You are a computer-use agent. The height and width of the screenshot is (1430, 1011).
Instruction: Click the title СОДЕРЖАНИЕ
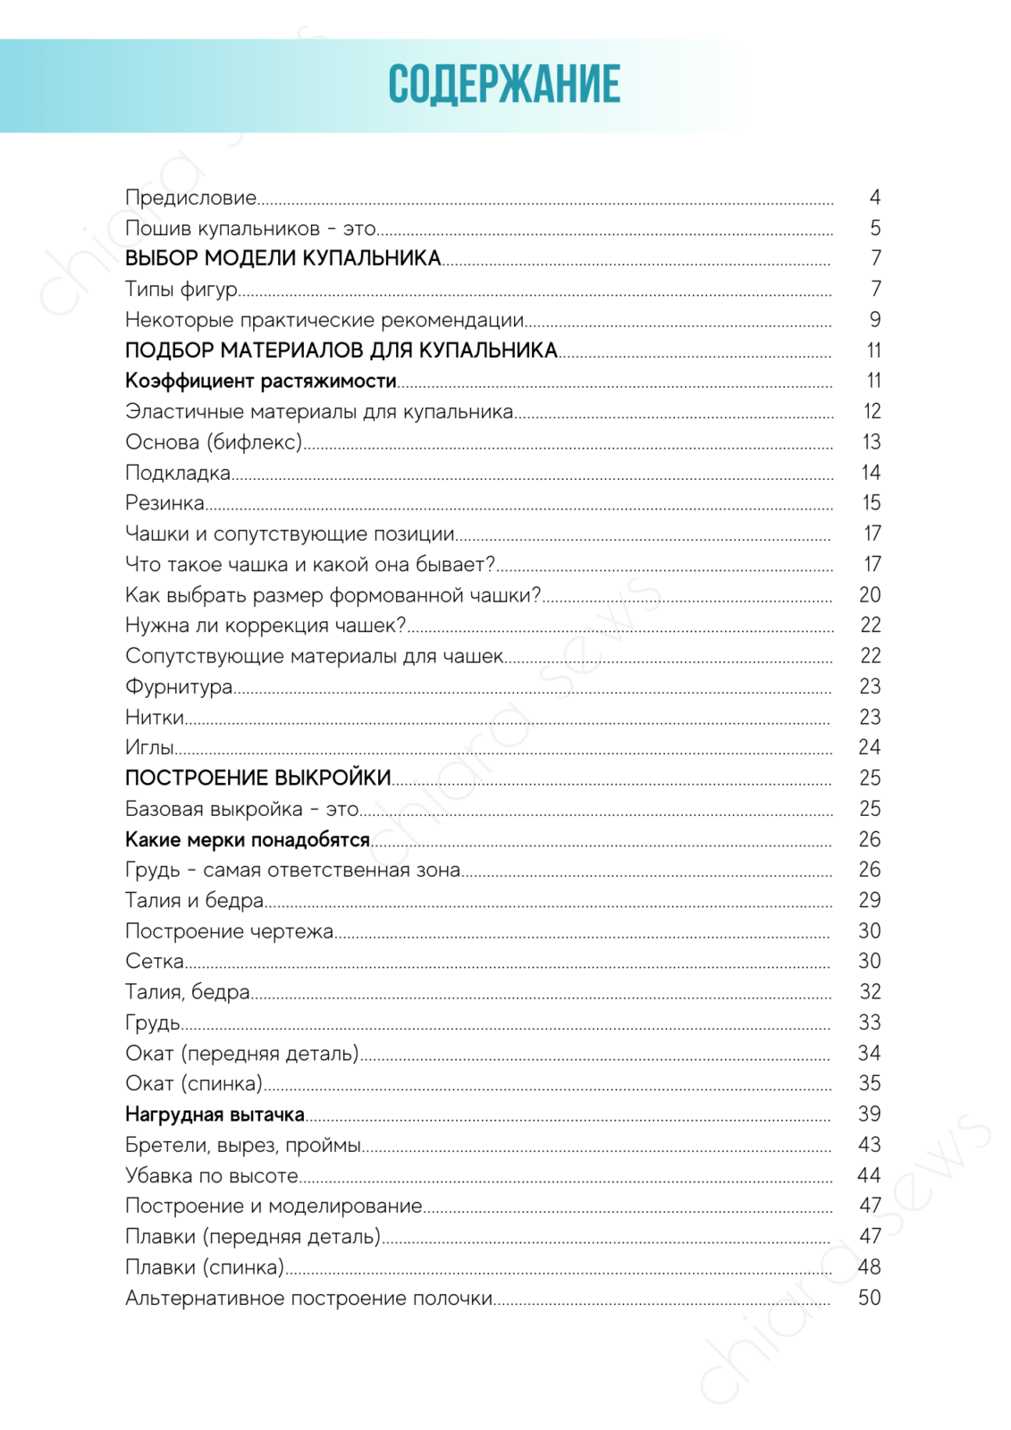click(504, 85)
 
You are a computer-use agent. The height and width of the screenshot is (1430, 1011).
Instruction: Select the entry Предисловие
click(190, 198)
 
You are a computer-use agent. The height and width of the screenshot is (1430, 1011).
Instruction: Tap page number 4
click(874, 198)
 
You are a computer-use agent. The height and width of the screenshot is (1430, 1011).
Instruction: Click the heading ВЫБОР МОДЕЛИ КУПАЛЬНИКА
click(282, 258)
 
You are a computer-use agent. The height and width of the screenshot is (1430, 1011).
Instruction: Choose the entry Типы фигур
click(181, 290)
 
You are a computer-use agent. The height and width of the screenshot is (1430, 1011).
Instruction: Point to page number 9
click(874, 320)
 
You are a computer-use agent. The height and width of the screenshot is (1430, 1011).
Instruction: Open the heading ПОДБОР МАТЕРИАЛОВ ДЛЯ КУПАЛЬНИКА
click(341, 350)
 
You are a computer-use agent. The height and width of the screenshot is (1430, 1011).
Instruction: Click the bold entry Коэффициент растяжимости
click(260, 381)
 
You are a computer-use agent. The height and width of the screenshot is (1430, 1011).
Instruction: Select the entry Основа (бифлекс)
click(214, 442)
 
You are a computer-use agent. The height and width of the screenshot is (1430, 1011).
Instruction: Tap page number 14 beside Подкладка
click(871, 473)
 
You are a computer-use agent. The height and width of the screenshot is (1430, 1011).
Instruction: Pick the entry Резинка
click(164, 503)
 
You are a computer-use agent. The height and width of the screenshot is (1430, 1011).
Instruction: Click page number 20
click(870, 595)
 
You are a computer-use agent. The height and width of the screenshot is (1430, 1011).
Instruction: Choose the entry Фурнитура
click(179, 686)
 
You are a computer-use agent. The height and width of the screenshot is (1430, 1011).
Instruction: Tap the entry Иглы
click(149, 747)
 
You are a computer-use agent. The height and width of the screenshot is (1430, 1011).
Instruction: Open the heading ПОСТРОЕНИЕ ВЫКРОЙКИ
click(257, 778)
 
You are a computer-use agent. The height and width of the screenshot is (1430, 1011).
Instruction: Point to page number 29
click(870, 900)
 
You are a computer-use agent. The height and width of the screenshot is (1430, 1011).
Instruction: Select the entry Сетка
click(155, 961)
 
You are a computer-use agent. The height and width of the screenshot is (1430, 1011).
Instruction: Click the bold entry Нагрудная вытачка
click(215, 1115)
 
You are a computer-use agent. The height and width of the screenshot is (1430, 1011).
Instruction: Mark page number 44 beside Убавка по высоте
click(869, 1175)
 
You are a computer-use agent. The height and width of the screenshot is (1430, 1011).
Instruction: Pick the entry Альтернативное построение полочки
click(308, 1298)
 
